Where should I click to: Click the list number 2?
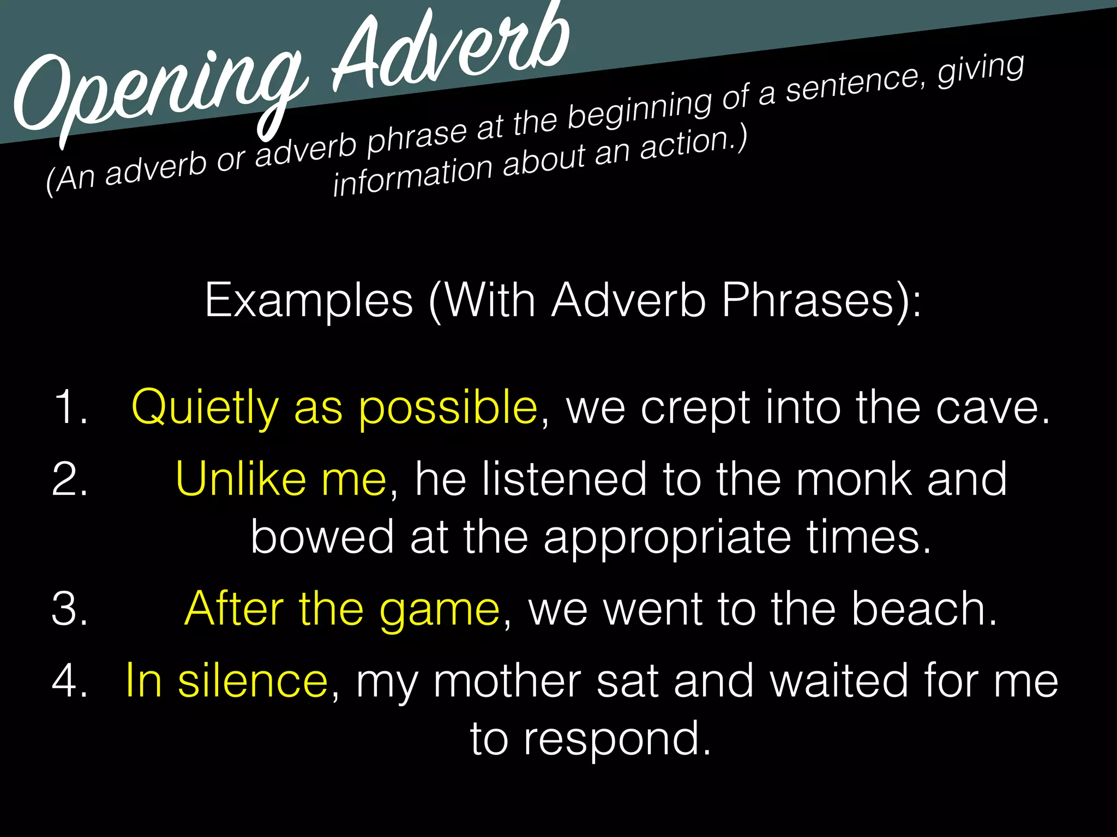click(x=70, y=479)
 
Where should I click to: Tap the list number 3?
click(x=70, y=609)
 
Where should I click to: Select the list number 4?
click(x=70, y=681)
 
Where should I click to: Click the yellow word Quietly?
click(x=205, y=408)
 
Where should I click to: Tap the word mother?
click(x=507, y=681)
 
